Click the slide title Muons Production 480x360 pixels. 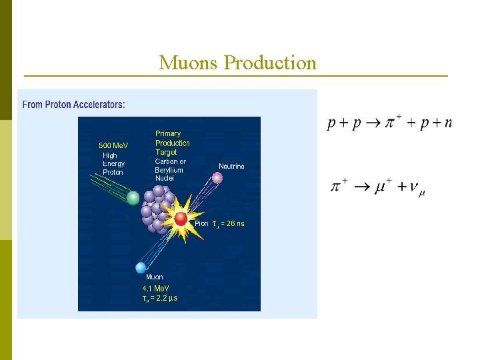(237, 63)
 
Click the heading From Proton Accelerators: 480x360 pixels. (74, 105)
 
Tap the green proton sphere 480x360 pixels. (133, 198)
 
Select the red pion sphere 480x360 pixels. (181, 219)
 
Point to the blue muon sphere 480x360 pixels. (140, 267)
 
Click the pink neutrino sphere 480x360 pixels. (217, 177)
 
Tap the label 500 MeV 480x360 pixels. (113, 145)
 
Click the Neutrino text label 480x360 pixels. (231, 166)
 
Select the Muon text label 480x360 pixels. (154, 277)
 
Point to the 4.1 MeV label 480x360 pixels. (155, 289)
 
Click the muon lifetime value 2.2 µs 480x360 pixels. (165, 298)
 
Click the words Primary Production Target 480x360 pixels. (172, 143)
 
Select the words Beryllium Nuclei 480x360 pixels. (169, 174)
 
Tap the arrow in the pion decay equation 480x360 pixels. (361, 188)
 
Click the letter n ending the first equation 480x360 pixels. (447, 123)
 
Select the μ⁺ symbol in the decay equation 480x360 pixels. (382, 187)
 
